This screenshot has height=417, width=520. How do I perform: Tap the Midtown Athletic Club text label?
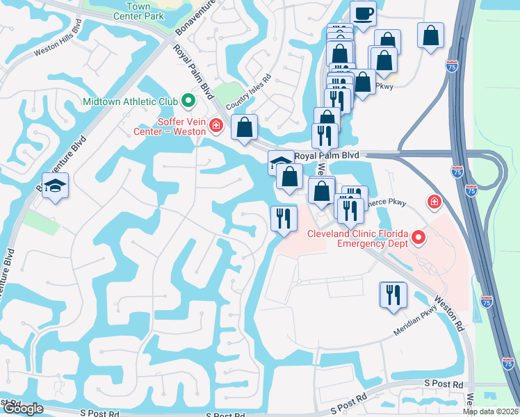tap(130, 101)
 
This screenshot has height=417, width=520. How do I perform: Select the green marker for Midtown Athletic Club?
tap(188, 101)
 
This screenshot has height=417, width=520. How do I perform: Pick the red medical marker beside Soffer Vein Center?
tap(216, 126)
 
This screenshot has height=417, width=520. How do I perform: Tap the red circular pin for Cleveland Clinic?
tap(419, 238)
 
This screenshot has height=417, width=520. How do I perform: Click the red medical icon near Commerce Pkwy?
tap(434, 202)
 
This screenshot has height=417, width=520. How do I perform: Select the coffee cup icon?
tap(362, 13)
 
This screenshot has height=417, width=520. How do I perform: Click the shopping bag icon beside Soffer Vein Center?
tap(244, 127)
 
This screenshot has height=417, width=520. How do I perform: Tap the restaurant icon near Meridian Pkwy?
tap(393, 294)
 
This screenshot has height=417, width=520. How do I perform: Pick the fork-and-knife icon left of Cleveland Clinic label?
tap(283, 219)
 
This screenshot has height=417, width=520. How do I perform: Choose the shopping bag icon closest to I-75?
tap(431, 35)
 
